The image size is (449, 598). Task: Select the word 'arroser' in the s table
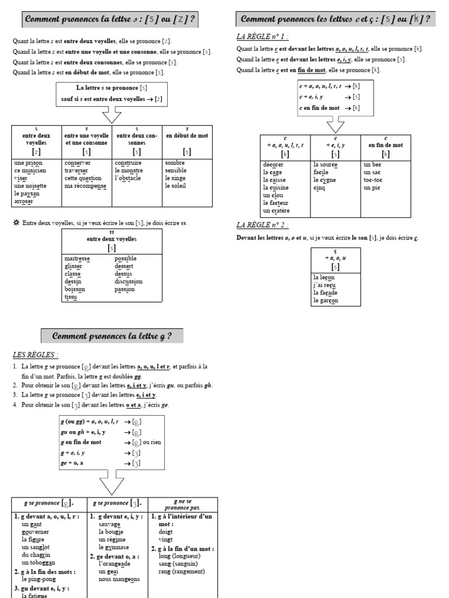coord(24,201)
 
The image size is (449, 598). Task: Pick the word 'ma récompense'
coord(85,186)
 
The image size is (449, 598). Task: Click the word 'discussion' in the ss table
coord(129,281)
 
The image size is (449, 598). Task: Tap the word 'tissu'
coord(71,297)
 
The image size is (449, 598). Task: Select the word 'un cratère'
coord(276,210)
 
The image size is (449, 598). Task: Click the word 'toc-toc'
coord(373,180)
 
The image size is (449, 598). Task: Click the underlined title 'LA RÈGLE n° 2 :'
coord(263,225)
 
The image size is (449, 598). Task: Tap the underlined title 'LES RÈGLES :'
coord(35,354)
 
